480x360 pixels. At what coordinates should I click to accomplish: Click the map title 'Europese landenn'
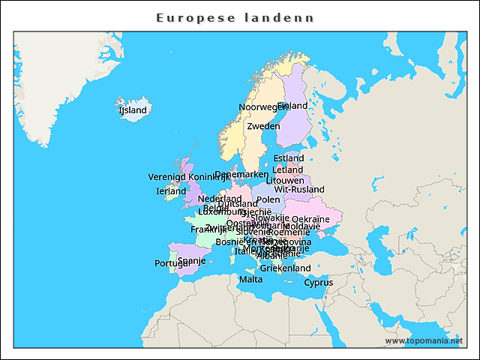tap(235, 17)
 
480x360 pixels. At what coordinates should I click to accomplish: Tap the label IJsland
tap(133, 110)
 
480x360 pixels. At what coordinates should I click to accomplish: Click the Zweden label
tap(263, 126)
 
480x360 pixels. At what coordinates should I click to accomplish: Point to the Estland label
tap(289, 158)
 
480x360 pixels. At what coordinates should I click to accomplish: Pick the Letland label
tap(288, 169)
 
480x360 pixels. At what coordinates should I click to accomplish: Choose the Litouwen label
tap(285, 181)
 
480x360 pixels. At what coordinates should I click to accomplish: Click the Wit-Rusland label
tap(299, 190)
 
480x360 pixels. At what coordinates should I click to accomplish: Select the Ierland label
tap(171, 191)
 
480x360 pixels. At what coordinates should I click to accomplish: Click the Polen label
tap(268, 200)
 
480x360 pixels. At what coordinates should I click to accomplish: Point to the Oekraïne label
tap(310, 219)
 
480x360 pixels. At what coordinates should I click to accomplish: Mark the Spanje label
tap(191, 261)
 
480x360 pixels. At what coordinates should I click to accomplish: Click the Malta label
tap(250, 280)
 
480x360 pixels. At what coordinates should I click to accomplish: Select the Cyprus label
tap(318, 283)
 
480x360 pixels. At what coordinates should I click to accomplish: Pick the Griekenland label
tap(285, 268)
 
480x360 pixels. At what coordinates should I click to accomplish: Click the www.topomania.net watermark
tap(424, 340)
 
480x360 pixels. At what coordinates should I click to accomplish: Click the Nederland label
tap(220, 199)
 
